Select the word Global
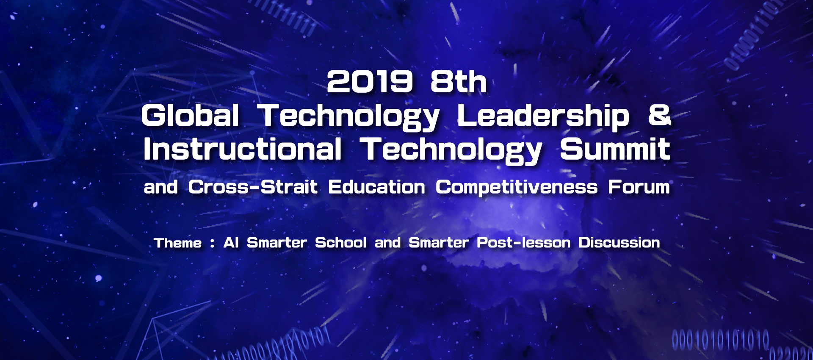190,115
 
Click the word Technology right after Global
349,117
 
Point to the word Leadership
543,117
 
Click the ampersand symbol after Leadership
660,115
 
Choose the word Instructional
242,149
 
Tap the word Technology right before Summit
451,151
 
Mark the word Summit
615,149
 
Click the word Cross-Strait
253,187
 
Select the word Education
376,187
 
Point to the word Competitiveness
517,188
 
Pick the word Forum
639,187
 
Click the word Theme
178,243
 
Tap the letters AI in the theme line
231,243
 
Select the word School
341,243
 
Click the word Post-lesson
524,243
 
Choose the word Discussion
619,243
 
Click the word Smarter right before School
277,243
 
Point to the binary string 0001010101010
720,341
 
